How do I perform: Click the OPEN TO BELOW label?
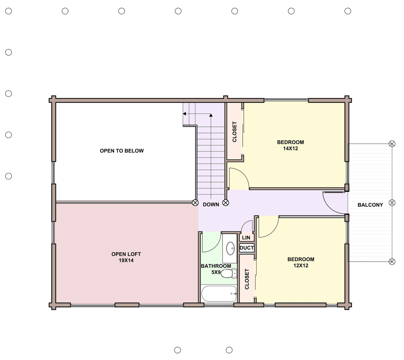[122, 151]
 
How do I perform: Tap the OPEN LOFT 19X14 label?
[126, 257]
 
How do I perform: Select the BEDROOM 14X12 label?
[290, 145]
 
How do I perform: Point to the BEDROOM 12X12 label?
[301, 262]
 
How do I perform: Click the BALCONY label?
[370, 205]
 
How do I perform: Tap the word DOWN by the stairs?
[211, 204]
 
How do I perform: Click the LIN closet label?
[246, 238]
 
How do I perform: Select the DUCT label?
[247, 248]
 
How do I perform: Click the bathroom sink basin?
[230, 248]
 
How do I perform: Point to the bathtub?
[219, 294]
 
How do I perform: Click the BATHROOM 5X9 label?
[216, 269]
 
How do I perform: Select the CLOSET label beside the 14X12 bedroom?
[235, 132]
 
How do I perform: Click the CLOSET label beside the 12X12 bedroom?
[247, 279]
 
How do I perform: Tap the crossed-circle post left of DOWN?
[195, 203]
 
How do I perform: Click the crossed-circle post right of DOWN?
[226, 203]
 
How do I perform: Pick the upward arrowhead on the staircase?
[211, 115]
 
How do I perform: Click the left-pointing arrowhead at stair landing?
[184, 114]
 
